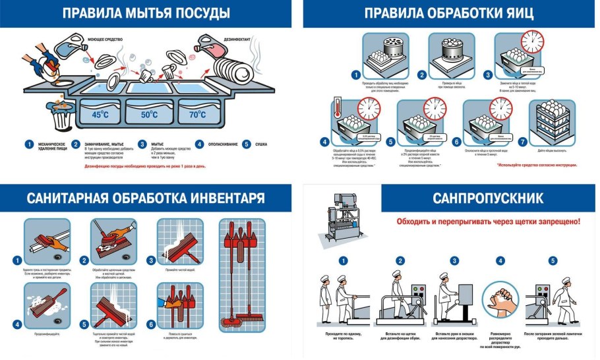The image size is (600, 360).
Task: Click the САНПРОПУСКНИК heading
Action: click(x=488, y=197)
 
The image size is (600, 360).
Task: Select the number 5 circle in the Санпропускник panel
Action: click(x=553, y=260)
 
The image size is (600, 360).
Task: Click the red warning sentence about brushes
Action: click(x=488, y=222)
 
